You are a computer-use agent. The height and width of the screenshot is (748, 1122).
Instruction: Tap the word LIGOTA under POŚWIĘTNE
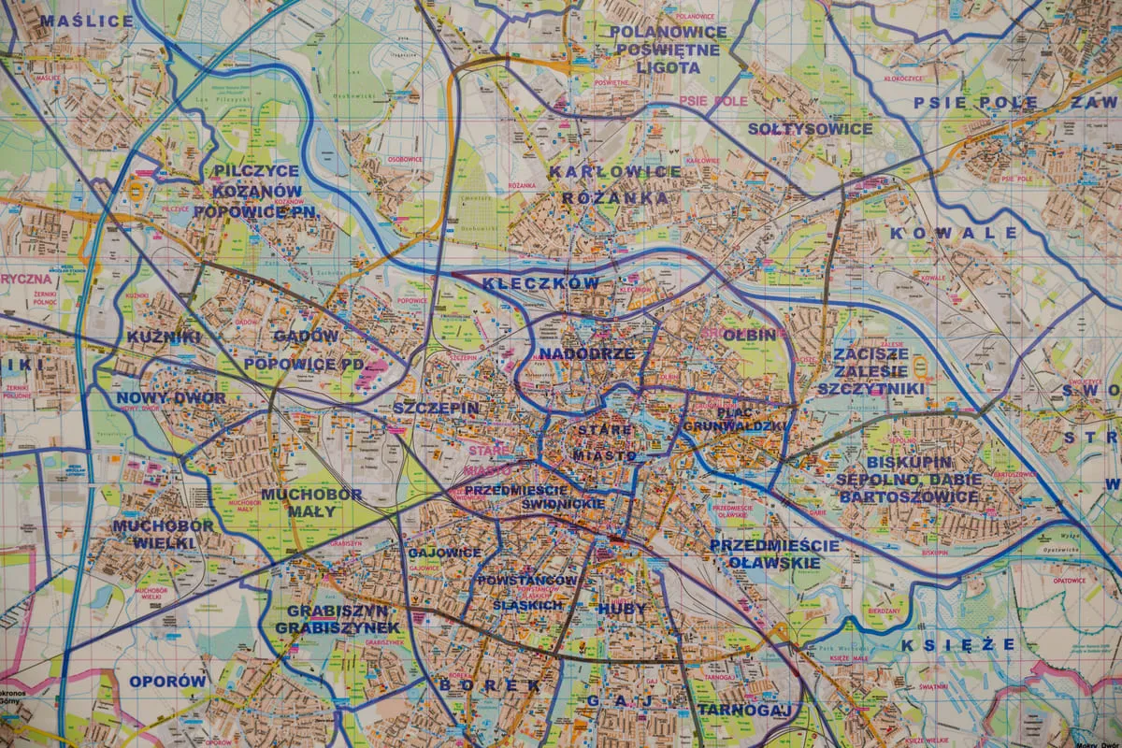[668, 67]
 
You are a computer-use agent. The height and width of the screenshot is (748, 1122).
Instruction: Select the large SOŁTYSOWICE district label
[810, 129]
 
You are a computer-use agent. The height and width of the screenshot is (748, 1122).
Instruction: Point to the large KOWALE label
[953, 233]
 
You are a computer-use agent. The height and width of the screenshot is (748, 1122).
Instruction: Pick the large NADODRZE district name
[586, 353]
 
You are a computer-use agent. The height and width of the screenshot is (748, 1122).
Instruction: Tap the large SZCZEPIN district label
[436, 409]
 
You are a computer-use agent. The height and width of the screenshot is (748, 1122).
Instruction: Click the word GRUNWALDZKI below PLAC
[736, 426]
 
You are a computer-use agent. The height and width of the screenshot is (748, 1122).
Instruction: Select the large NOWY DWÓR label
[171, 397]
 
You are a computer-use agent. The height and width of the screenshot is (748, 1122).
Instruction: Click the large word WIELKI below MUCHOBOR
[163, 542]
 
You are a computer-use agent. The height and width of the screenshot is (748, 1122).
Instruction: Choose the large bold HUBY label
[621, 609]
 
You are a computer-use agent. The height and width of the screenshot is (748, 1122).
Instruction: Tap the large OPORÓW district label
[167, 682]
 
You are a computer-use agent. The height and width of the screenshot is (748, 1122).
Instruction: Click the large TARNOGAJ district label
[744, 710]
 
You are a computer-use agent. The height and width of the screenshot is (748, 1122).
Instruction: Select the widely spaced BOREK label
[489, 684]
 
